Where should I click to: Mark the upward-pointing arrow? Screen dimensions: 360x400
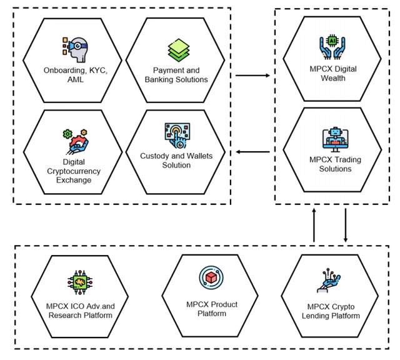tap(314, 225)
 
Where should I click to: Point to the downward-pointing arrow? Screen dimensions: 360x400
tap(346, 225)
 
